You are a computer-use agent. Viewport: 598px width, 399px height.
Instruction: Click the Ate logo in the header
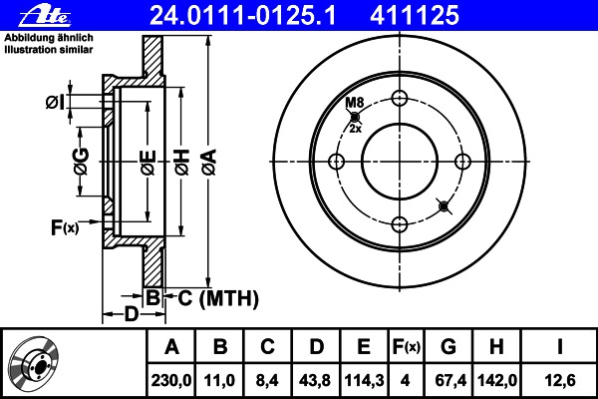coord(45,16)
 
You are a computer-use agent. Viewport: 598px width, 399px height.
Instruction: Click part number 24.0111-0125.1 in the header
coord(243,15)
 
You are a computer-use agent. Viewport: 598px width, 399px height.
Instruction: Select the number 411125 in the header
coord(415,15)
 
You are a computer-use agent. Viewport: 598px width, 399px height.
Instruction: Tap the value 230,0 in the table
coord(171,381)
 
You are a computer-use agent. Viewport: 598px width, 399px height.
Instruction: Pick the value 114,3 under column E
coord(364,381)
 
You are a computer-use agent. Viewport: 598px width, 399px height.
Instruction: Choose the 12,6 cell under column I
coord(559,381)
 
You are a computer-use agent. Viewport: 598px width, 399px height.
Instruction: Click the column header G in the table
coord(448,347)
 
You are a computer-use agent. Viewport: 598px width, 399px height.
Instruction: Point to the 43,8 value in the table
coord(315,381)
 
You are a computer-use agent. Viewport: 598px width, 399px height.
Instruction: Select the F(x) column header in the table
coord(407,347)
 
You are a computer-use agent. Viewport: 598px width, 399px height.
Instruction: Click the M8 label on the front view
coord(355,103)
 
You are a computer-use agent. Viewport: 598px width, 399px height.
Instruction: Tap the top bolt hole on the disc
coord(400,98)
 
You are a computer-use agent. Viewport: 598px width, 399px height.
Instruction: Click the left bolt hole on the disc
coord(337,162)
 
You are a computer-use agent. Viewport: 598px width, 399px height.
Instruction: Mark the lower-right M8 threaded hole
coord(444,206)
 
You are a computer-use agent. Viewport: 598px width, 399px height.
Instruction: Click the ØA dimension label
coord(209,163)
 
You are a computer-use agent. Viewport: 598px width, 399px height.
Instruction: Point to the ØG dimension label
coord(82,162)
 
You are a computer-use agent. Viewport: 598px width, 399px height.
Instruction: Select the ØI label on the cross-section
coord(55,103)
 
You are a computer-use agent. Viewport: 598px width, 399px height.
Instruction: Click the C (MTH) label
coord(218,298)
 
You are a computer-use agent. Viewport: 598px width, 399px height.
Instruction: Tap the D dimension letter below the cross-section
coord(132,314)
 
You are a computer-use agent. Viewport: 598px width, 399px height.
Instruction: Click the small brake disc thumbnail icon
coord(34,362)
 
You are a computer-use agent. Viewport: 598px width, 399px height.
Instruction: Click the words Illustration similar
coord(49,50)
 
